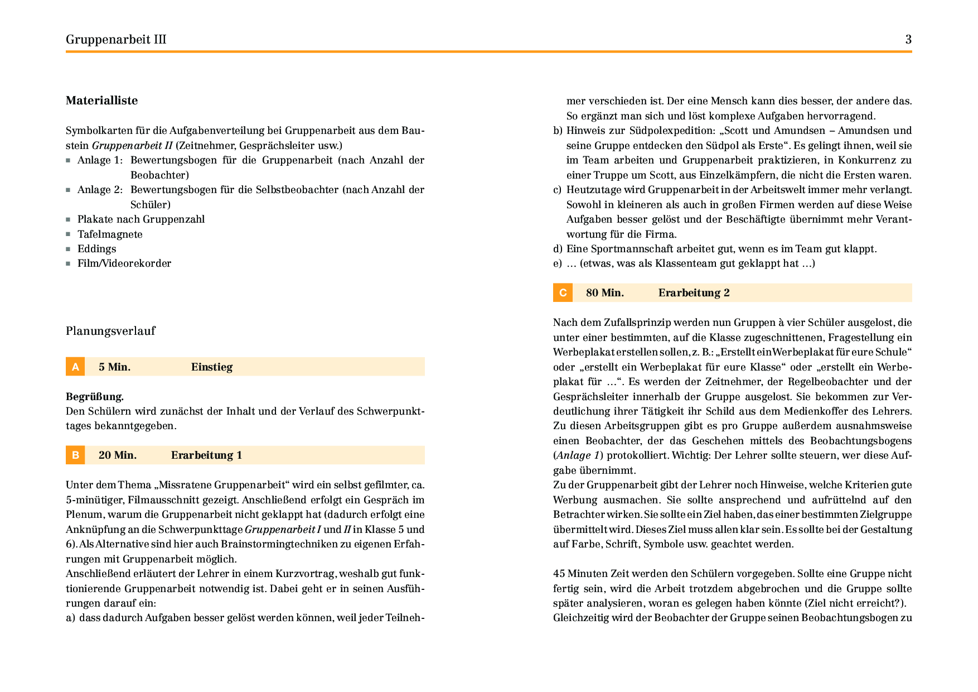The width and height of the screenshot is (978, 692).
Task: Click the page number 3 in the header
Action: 908,39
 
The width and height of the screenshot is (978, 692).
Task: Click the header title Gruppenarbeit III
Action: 116,39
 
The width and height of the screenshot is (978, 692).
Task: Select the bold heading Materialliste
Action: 101,100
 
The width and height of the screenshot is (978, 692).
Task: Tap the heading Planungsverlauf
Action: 110,331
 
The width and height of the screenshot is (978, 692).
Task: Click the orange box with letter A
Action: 75,367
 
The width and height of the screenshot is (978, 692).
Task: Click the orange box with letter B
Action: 75,455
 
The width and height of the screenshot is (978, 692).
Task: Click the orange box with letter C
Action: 563,292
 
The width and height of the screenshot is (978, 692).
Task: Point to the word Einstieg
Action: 211,367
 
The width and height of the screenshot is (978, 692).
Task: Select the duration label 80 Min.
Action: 604,292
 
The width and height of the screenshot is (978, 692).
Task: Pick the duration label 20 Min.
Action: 117,455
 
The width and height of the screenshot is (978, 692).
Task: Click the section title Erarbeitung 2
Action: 694,292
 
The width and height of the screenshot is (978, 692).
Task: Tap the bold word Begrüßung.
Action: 95,397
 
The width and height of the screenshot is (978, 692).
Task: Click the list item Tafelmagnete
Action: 110,234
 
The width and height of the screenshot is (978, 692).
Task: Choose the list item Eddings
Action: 96,249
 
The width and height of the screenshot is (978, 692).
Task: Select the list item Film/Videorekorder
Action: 124,263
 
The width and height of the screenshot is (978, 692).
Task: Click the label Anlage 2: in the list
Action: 100,190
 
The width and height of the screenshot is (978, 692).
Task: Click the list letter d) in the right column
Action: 558,249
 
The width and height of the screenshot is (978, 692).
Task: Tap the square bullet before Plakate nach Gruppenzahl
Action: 68,220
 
